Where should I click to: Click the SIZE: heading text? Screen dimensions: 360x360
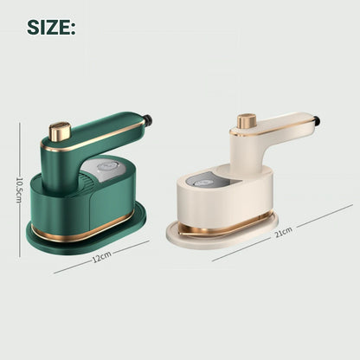click(51, 28)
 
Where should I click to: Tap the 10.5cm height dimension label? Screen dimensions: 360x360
click(19, 189)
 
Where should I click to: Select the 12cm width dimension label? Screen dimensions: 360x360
click(102, 256)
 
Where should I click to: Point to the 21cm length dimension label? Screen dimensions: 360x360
click(284, 232)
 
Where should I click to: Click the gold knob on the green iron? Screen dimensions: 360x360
click(61, 132)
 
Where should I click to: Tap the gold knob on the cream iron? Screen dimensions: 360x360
click(247, 121)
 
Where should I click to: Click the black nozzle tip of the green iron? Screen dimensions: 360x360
click(148, 119)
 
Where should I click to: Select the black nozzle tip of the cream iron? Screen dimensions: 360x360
click(317, 120)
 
